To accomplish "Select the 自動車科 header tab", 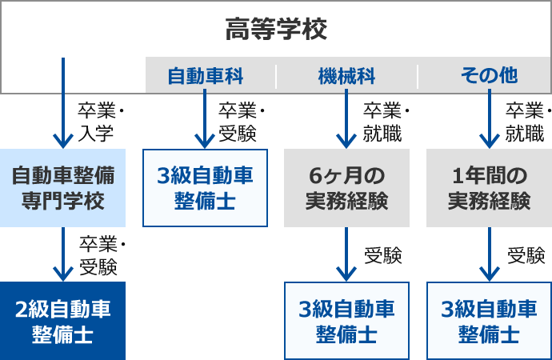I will pos(205,76).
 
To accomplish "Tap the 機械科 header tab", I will pos(346,76).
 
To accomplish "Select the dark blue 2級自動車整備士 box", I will pos(62,321).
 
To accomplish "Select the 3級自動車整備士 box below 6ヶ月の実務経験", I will pos(346,321).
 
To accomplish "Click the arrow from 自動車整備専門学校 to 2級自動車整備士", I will pos(62,254).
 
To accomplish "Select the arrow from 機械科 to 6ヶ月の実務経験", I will pos(346,118).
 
